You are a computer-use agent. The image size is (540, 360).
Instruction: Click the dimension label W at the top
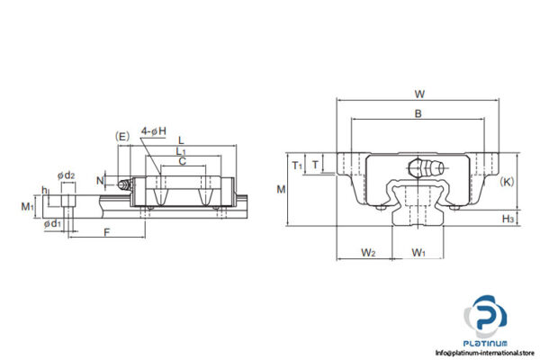(x=419, y=93)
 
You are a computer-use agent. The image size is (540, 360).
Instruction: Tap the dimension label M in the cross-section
(x=281, y=189)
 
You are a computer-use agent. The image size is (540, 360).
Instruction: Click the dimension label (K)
(x=507, y=181)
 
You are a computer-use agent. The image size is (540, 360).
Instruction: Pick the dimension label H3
(x=508, y=218)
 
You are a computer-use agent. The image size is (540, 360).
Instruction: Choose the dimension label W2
(x=367, y=252)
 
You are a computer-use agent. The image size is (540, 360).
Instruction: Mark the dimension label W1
(x=418, y=252)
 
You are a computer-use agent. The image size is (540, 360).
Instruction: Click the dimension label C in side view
(x=182, y=162)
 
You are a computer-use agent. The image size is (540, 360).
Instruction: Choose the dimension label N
(x=99, y=180)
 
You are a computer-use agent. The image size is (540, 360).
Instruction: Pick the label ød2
(x=65, y=175)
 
